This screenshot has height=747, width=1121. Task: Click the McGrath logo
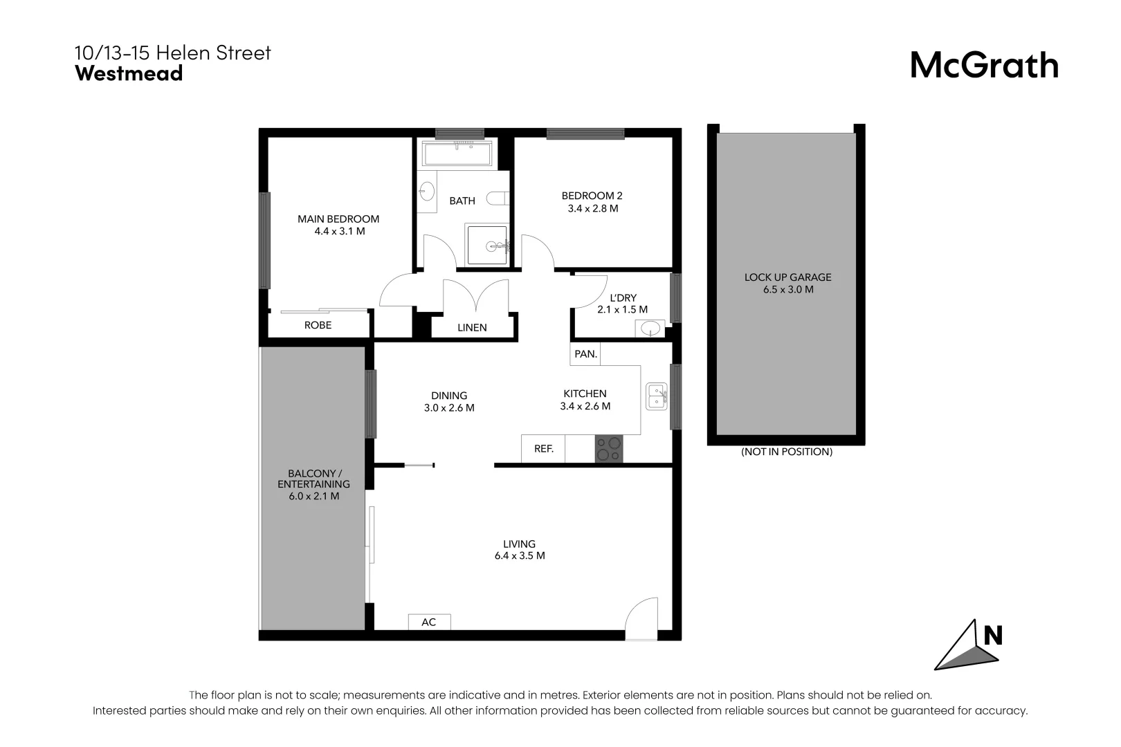(x=985, y=66)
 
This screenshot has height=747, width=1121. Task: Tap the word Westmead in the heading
(x=129, y=73)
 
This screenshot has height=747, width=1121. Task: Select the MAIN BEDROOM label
(x=338, y=219)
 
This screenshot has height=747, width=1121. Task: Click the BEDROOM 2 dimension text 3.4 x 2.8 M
(x=592, y=209)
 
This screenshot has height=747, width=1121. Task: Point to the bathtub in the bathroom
(x=457, y=153)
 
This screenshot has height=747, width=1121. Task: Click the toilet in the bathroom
(x=498, y=199)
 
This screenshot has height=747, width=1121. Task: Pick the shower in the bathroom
(x=486, y=245)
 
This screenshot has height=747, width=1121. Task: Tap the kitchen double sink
(x=656, y=396)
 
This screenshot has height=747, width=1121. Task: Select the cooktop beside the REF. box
(x=608, y=448)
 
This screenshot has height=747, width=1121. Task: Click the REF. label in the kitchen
(x=543, y=449)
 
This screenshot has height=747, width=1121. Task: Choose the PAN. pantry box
(x=585, y=353)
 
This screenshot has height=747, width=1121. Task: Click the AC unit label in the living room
(x=429, y=622)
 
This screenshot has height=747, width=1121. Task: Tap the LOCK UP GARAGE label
(x=787, y=277)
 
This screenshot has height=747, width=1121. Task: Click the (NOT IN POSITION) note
(x=787, y=452)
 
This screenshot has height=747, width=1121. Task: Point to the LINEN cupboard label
(x=472, y=328)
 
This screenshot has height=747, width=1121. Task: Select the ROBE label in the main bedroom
(x=318, y=325)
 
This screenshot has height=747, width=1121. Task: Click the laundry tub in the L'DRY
(x=650, y=329)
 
